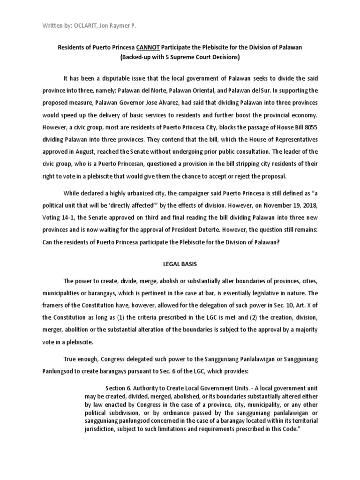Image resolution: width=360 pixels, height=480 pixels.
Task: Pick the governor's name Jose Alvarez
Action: [172, 102]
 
